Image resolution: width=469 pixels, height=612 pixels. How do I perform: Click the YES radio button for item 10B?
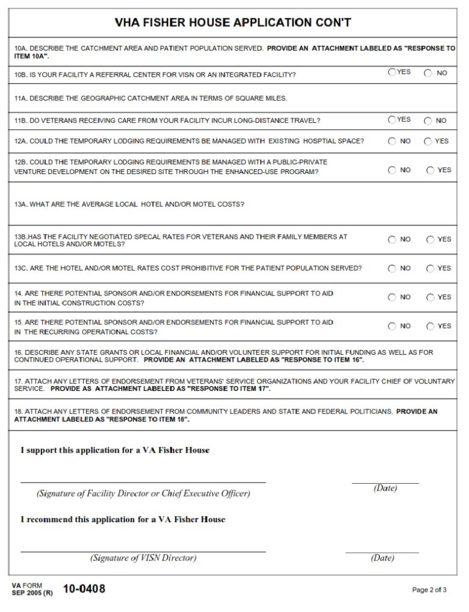click(391, 72)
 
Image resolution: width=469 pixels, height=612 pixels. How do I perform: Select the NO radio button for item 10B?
click(428, 73)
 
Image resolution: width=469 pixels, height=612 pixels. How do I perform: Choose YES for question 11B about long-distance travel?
click(391, 120)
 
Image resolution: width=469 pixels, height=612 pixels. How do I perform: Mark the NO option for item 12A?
click(391, 141)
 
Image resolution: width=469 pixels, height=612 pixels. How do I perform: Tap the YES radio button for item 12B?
click(431, 170)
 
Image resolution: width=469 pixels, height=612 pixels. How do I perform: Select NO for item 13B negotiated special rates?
click(391, 239)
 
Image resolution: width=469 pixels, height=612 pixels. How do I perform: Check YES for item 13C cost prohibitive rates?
click(431, 268)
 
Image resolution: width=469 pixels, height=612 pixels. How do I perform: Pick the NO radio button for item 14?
click(391, 297)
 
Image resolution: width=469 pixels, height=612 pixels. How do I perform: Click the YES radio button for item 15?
click(431, 326)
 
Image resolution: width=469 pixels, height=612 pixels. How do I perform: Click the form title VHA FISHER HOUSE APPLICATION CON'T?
click(233, 23)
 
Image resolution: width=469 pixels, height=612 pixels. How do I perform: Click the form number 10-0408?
click(84, 589)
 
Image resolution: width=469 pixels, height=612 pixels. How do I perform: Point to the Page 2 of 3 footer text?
click(429, 590)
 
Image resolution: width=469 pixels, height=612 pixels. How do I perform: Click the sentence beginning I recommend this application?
click(123, 520)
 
